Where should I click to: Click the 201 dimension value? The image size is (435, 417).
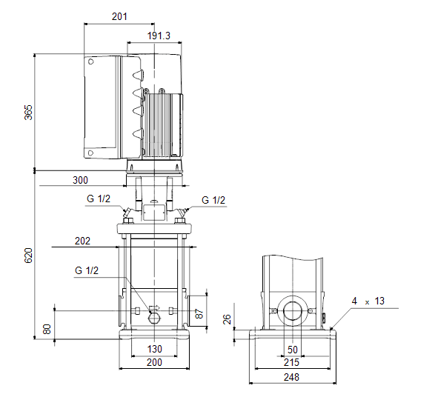pyautogui.click(x=119, y=16)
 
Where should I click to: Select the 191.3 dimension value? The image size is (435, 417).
pyautogui.click(x=159, y=36)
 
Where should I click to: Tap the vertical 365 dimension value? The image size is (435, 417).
pyautogui.click(x=29, y=113)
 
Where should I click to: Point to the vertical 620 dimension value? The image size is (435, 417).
pyautogui.click(x=29, y=256)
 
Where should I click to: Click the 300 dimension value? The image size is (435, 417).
pyautogui.click(x=80, y=180)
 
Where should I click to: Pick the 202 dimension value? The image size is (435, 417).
pyautogui.click(x=82, y=241)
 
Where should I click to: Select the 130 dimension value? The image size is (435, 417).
pyautogui.click(x=155, y=349)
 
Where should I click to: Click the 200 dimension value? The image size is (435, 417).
pyautogui.click(x=154, y=362)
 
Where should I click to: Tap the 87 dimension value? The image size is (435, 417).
pyautogui.click(x=199, y=313)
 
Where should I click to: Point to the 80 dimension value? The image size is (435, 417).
pyautogui.click(x=47, y=329)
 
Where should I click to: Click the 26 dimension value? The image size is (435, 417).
pyautogui.click(x=227, y=319)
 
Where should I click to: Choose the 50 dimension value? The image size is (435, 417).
pyautogui.click(x=293, y=350)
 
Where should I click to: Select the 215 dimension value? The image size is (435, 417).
pyautogui.click(x=291, y=362)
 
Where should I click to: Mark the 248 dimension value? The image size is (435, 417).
pyautogui.click(x=291, y=377)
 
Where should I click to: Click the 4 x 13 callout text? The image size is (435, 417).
pyautogui.click(x=368, y=301)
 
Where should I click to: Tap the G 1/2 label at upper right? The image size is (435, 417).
pyautogui.click(x=213, y=200)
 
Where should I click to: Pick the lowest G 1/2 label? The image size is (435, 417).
pyautogui.click(x=87, y=270)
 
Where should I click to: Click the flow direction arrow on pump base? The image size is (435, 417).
pyautogui.click(x=155, y=308)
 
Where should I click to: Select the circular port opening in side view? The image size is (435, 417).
pyautogui.click(x=293, y=311)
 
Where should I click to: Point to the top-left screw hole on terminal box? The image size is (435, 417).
pyautogui.click(x=90, y=61)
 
